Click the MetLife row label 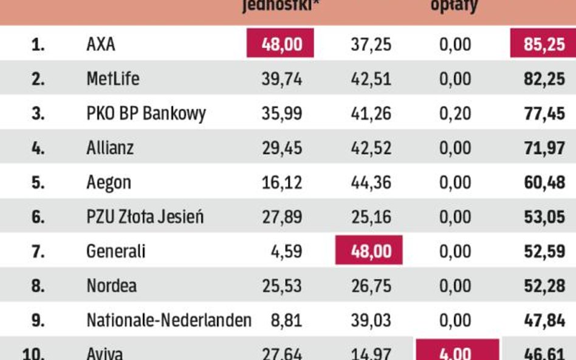click(x=113, y=79)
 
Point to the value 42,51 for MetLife click(x=371, y=79)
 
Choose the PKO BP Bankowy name click(x=146, y=114)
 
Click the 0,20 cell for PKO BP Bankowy click(x=454, y=114)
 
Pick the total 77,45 click(x=544, y=114)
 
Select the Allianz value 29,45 click(x=281, y=148)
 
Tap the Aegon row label click(x=109, y=182)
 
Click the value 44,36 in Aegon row click(x=371, y=182)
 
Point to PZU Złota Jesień click(x=145, y=217)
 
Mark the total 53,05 click(x=544, y=217)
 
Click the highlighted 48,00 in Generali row click(x=369, y=251)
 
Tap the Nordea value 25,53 click(x=281, y=285)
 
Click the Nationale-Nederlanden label click(x=169, y=320)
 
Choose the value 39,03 click(x=371, y=320)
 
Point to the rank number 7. click(x=38, y=251)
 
